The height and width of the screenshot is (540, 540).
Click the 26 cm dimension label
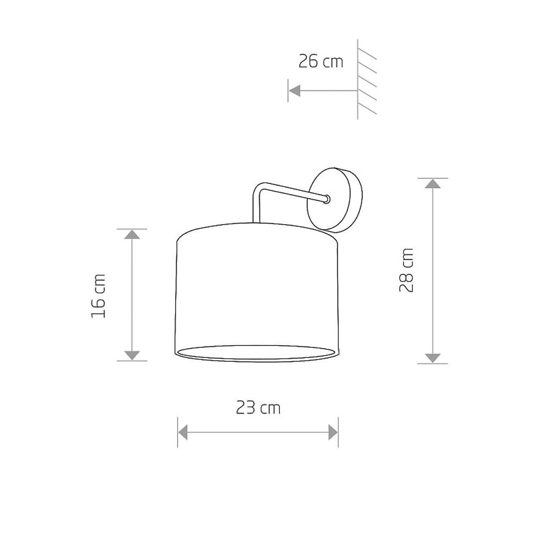pos(321,62)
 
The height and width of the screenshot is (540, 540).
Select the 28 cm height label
pos(406,271)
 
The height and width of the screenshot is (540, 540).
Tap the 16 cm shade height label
pos(98,296)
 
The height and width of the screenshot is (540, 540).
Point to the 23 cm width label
pos(258,408)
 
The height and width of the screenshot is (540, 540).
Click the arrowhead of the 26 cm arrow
pos(294,91)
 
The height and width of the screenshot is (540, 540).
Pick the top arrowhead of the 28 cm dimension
pos(433,184)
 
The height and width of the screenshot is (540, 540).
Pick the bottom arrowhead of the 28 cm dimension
pos(433,358)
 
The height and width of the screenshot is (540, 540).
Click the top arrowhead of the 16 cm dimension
pos(132,234)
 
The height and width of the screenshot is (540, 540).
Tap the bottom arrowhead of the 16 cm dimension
pos(132,356)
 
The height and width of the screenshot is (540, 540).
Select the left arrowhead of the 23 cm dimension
pos(183,432)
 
